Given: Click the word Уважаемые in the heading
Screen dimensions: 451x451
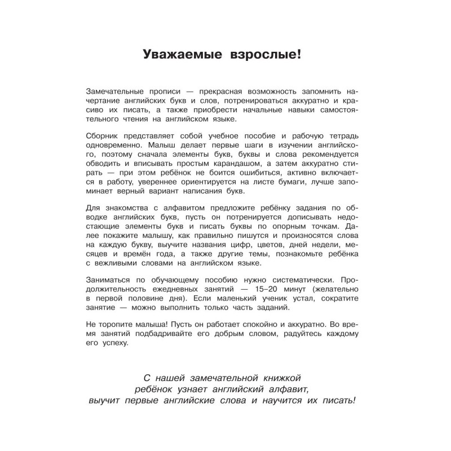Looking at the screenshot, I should pyautogui.click(x=179, y=55).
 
